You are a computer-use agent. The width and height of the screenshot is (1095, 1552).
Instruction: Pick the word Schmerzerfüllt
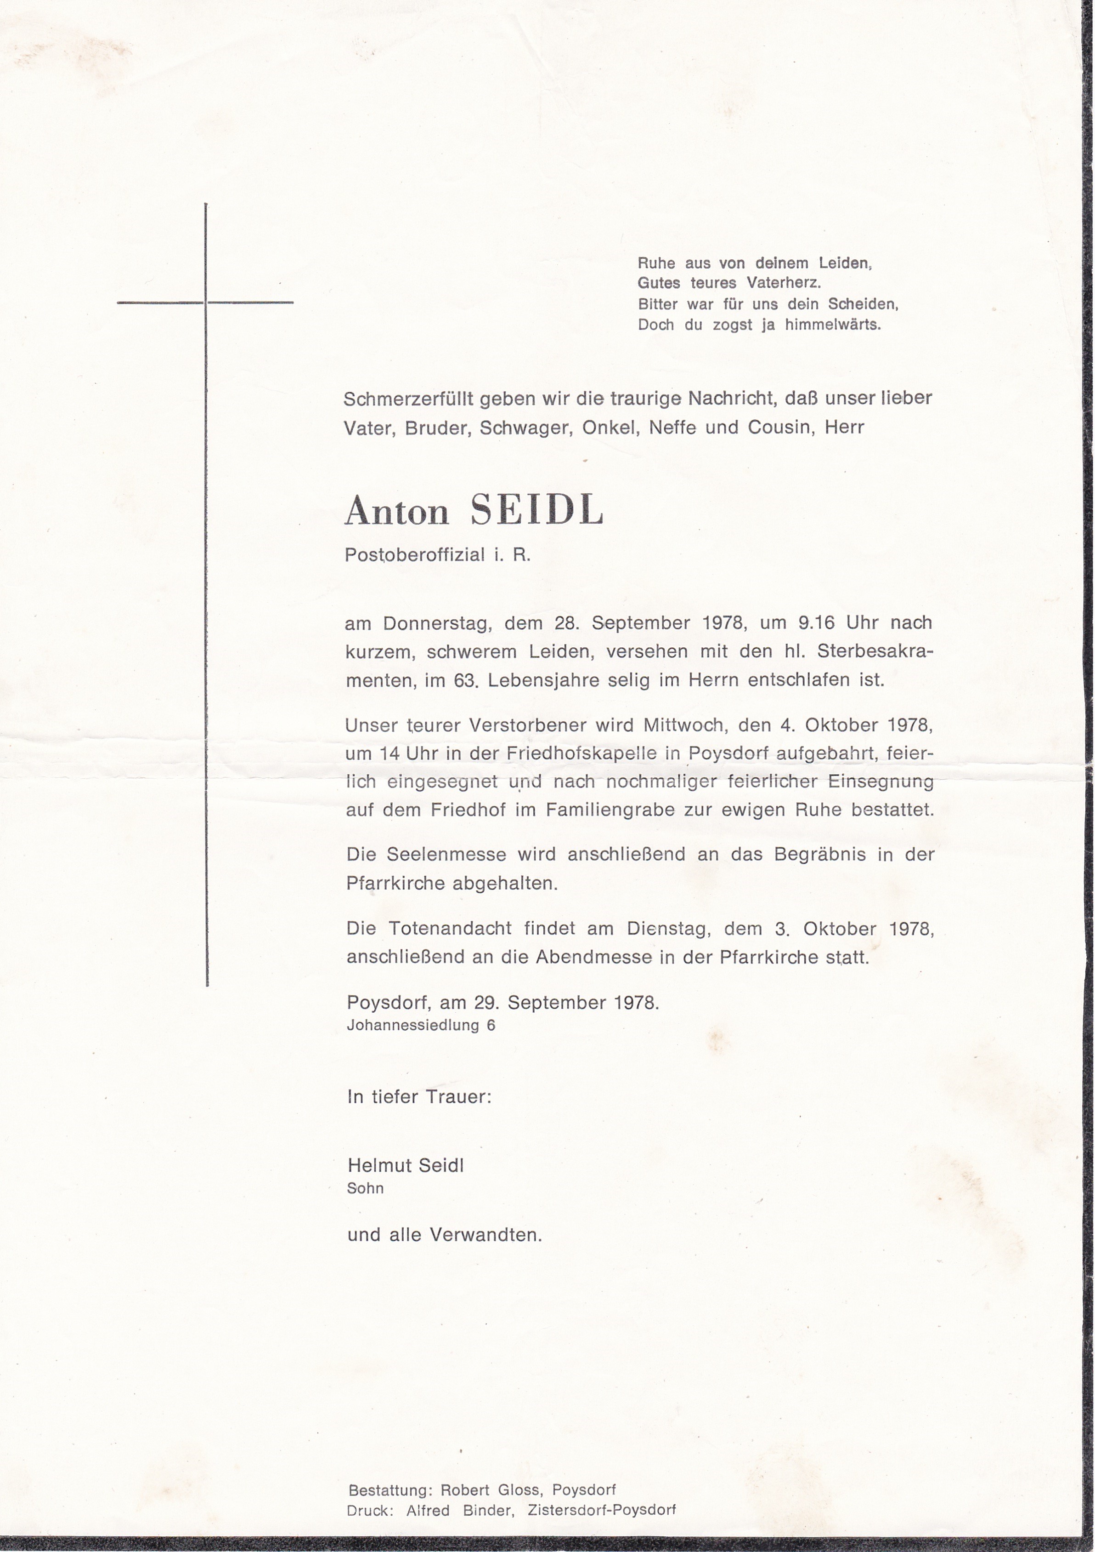pos(408,399)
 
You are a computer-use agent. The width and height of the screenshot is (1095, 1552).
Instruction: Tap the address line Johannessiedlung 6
pos(421,1025)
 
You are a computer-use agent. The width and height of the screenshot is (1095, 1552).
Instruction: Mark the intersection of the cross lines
pos(205,302)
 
